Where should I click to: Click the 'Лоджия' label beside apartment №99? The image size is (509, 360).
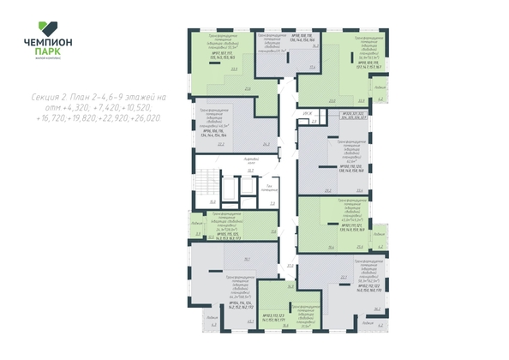(x=379, y=88)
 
